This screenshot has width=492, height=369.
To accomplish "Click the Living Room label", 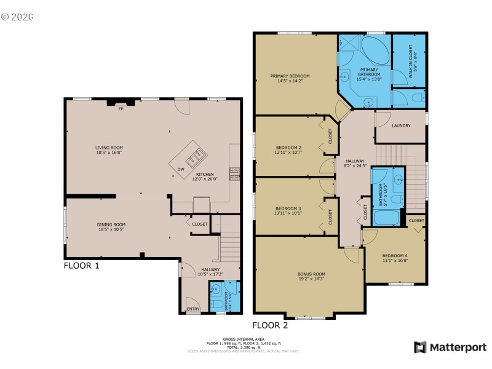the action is point(108,148).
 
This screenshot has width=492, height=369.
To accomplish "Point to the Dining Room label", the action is point(111,224).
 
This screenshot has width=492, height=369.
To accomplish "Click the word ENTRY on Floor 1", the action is point(193,309).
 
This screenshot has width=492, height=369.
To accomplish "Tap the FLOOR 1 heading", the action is point(82,266).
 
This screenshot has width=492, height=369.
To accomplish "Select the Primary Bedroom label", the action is point(290,76).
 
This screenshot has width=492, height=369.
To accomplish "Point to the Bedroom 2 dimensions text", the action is point(288,153).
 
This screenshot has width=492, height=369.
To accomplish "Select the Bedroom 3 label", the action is point(288,208).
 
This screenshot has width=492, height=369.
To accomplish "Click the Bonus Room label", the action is point(311,274).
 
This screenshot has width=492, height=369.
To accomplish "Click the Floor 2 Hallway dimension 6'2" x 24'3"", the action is point(355,165).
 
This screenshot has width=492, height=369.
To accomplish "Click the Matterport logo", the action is point(450,347).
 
